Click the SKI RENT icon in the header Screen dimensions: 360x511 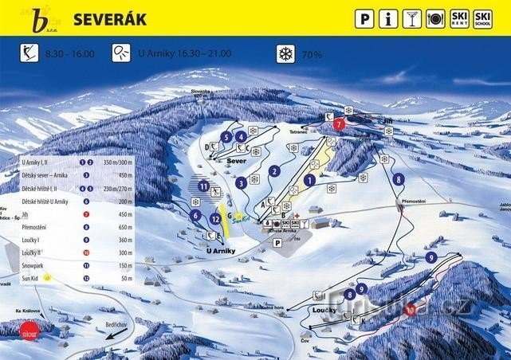tap(458, 18)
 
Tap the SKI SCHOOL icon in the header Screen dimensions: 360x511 tap(482, 18)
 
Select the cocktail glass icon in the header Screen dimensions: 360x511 tap(412, 18)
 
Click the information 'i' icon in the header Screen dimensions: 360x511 tap(388, 18)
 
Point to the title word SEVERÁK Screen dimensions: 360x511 tap(110, 18)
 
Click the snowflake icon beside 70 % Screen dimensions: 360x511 tap(285, 54)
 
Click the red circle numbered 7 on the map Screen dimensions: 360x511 tap(339, 124)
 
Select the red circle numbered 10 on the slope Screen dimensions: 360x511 tap(411, 310)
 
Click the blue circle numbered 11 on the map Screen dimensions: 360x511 tap(204, 186)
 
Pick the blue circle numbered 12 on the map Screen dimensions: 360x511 tap(215, 219)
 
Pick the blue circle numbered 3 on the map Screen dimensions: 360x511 tap(241, 182)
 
